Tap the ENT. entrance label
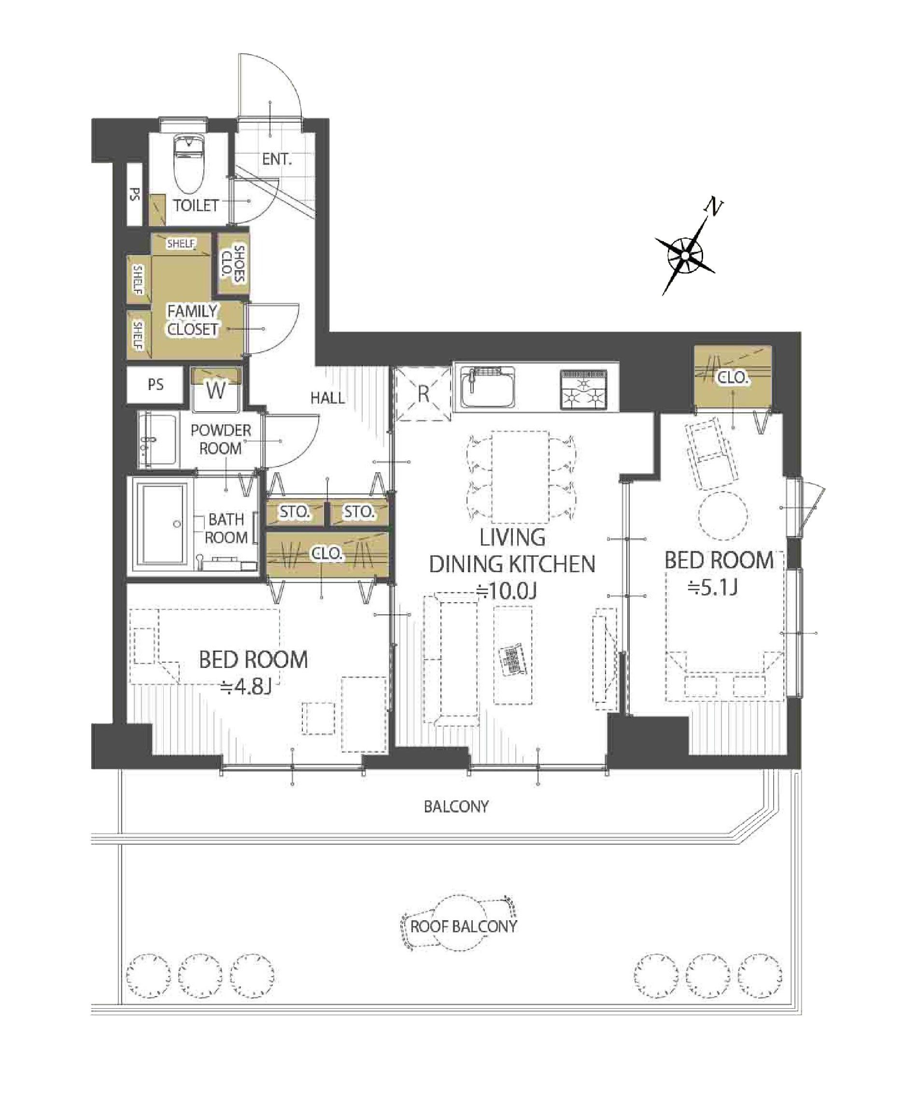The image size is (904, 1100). pos(277,159)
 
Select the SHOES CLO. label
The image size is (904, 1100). pos(233,263)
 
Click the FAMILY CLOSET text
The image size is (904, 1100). pos(192,320)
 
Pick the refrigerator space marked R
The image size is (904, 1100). pos(423,394)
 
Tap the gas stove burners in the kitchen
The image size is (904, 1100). pos(584,389)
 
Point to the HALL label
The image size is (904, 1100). pos(327,398)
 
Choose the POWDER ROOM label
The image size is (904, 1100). pos(221,439)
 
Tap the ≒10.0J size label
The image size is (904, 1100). pos(507,592)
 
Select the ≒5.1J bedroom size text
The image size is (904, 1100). pos(712,588)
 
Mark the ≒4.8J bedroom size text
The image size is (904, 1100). pos(246,687)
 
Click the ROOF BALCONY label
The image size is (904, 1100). pos(464,926)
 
